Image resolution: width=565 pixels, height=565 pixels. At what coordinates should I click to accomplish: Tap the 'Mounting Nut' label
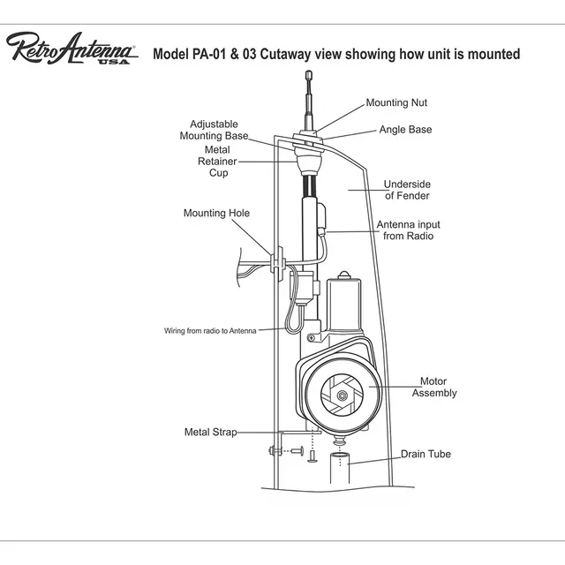click(x=396, y=103)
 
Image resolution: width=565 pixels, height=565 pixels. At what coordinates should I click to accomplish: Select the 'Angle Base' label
click(x=405, y=130)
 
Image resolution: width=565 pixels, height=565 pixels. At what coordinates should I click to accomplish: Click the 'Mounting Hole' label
click(x=216, y=213)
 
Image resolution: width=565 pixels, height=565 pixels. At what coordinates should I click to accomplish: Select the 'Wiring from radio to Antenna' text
click(x=210, y=330)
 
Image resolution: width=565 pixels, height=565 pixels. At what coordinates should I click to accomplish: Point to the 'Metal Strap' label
click(x=210, y=433)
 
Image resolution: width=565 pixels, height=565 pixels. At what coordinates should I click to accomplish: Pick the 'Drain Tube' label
click(x=425, y=455)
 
